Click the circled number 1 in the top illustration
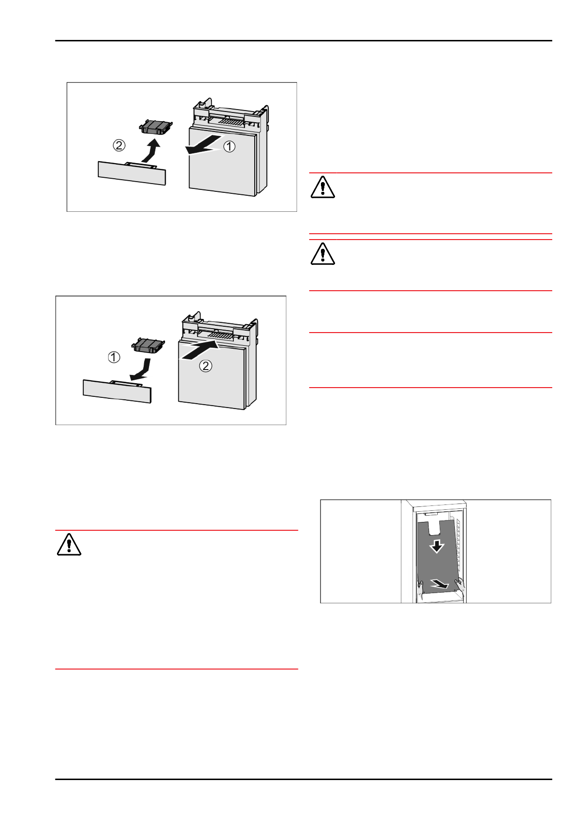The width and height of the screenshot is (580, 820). tap(229, 146)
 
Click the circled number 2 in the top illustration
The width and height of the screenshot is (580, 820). tap(119, 145)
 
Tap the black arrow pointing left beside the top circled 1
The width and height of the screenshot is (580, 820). tap(201, 147)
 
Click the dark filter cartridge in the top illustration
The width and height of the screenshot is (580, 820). tap(156, 127)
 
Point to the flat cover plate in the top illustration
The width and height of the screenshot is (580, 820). tap(132, 173)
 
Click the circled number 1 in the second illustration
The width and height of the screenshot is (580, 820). tap(114, 357)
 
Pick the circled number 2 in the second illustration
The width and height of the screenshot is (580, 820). tap(206, 366)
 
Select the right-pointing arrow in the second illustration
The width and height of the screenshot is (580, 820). tap(199, 351)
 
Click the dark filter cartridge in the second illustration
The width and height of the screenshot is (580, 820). tap(149, 345)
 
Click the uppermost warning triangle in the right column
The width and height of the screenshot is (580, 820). tap(322, 187)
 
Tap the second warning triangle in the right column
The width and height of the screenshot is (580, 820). tap(322, 254)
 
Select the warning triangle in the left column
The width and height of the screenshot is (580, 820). tap(69, 544)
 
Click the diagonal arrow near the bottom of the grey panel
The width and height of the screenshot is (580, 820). tap(440, 583)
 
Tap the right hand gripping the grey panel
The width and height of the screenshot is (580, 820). tap(460, 584)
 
